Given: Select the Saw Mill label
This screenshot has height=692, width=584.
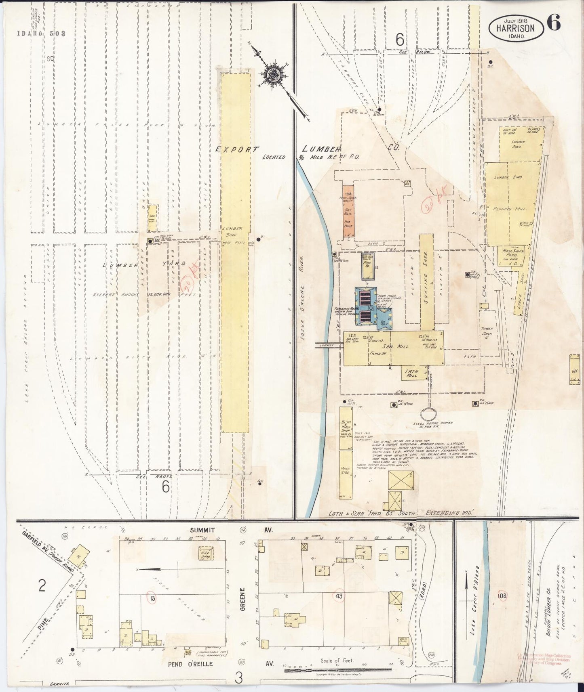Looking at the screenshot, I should pyautogui.click(x=398, y=346).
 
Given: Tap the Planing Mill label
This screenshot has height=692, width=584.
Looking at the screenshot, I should pyautogui.click(x=511, y=209).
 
